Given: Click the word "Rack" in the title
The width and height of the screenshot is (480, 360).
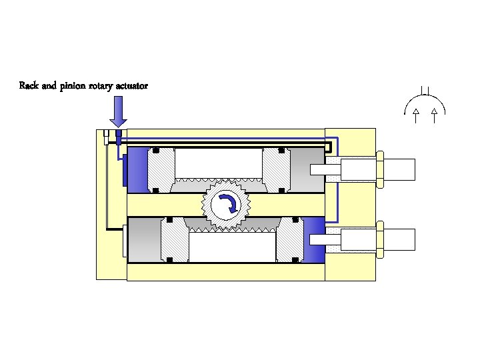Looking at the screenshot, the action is pyautogui.click(x=29, y=86).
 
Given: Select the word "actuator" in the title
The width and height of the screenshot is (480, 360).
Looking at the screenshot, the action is pyautogui.click(x=132, y=86).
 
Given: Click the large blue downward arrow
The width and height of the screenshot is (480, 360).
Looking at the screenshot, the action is pyautogui.click(x=118, y=110).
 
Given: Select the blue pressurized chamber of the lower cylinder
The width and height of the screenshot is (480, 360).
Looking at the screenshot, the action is pyautogui.click(x=314, y=239).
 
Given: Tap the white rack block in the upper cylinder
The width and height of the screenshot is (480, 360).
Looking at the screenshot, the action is pyautogui.click(x=218, y=163).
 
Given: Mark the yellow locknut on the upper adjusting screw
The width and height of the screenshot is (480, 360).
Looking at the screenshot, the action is pyautogui.click(x=379, y=169).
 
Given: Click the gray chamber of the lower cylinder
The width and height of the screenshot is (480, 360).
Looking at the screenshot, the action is pyautogui.click(x=144, y=239).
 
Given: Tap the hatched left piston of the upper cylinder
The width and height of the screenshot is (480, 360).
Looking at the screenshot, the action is pyautogui.click(x=161, y=170).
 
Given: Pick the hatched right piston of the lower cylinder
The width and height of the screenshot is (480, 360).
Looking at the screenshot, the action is pyautogui.click(x=290, y=240).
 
